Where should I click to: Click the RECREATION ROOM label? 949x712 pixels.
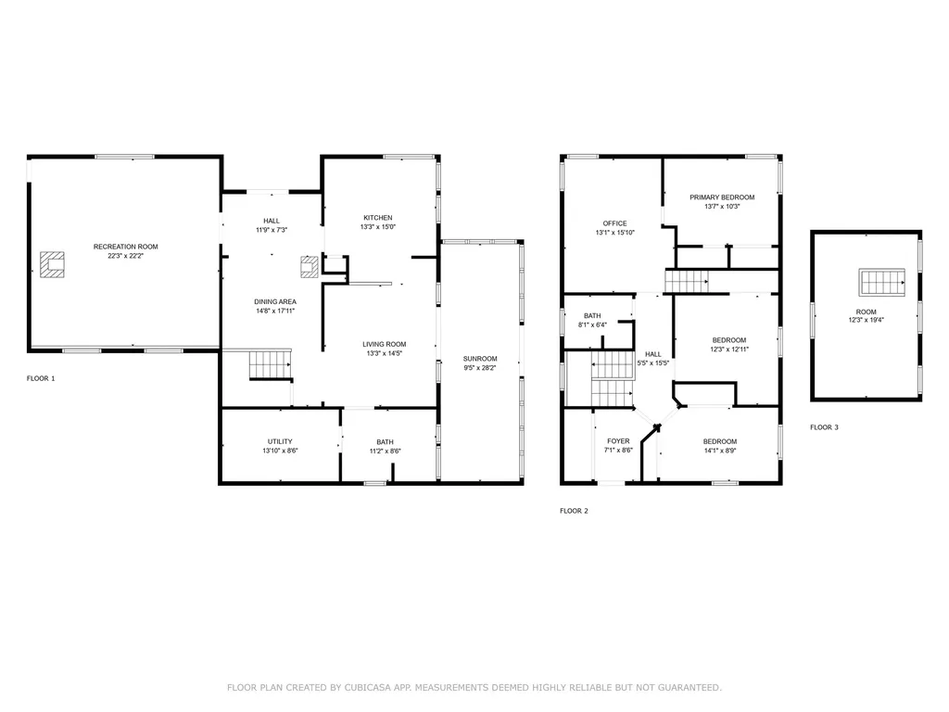tap(125, 247)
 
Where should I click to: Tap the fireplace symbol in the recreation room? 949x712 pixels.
tap(52, 264)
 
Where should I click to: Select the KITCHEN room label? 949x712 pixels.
tap(377, 218)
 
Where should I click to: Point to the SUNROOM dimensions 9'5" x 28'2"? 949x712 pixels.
tap(480, 368)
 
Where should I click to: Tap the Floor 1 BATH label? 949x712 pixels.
tap(385, 441)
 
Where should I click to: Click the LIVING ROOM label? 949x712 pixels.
tap(384, 344)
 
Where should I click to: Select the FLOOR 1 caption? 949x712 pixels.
tap(41, 378)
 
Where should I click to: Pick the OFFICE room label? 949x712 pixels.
tap(614, 223)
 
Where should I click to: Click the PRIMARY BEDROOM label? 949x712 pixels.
tap(722, 197)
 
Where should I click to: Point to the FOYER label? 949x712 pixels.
tap(618, 441)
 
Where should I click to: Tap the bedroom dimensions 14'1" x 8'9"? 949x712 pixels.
tap(720, 451)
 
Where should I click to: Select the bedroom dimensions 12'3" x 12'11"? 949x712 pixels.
tap(728, 350)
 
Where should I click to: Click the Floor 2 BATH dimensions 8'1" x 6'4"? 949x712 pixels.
tap(592, 325)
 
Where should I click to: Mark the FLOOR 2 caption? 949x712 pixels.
tap(574, 511)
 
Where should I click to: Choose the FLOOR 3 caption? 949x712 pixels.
tap(824, 427)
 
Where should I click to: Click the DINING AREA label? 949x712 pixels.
tap(275, 301)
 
